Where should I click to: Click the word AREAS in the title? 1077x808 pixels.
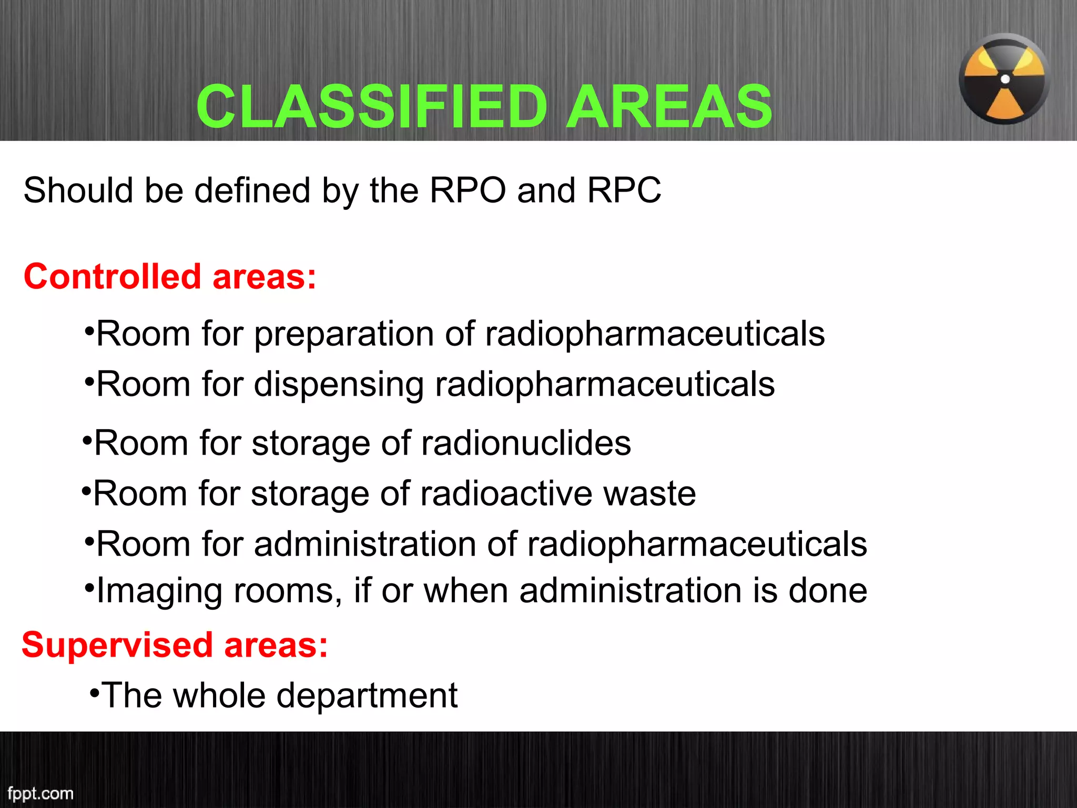[669, 107]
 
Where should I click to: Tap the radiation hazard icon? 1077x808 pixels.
[1004, 79]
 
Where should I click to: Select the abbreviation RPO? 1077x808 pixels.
[468, 190]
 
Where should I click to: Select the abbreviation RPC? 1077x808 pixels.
[624, 190]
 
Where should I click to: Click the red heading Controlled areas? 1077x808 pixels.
[170, 277]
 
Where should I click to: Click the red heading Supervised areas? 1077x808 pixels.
[175, 645]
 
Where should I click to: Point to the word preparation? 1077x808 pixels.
[344, 335]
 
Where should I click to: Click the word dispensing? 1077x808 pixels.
[339, 385]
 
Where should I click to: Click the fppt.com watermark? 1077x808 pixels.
[40, 793]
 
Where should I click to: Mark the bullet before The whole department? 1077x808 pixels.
[94, 692]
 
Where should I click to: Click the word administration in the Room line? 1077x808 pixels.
[365, 544]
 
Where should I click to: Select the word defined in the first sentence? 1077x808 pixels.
[252, 190]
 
